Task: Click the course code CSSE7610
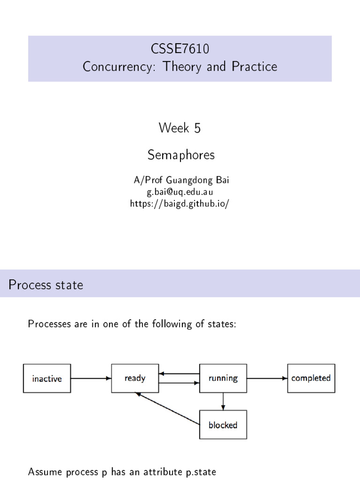[x=180, y=48]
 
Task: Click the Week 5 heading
[x=180, y=127]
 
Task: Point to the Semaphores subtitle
[x=180, y=155]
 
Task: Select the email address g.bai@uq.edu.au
[x=180, y=193]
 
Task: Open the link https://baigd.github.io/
[x=180, y=205]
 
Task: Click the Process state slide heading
[x=45, y=285]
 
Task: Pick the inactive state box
[x=47, y=378]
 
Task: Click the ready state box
[x=135, y=378]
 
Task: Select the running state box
[x=223, y=378]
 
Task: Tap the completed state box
[x=311, y=378]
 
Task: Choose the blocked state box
[x=223, y=425]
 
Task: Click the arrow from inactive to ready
[x=91, y=378]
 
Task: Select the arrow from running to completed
[x=267, y=378]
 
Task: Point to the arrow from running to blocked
[x=223, y=401]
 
